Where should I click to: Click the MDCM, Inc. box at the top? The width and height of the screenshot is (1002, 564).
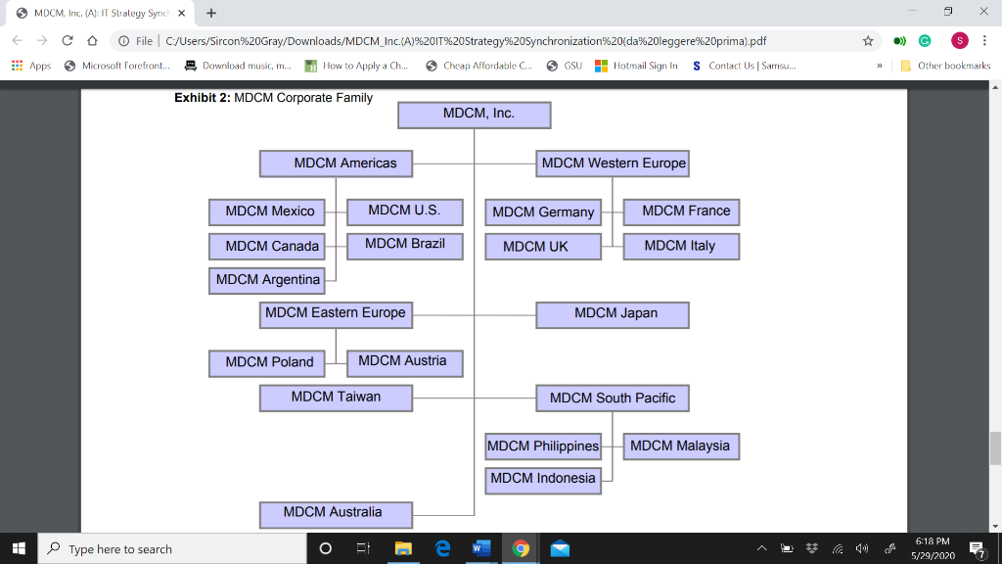click(x=475, y=116)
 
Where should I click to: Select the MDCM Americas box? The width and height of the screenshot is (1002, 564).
click(x=337, y=164)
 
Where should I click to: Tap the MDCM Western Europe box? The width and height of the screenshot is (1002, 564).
click(x=613, y=164)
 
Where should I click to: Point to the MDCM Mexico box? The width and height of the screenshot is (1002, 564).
click(x=266, y=212)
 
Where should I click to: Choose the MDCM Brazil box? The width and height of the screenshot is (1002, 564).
click(x=404, y=246)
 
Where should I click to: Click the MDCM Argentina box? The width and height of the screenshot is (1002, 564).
click(x=266, y=281)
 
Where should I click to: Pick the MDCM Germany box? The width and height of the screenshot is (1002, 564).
click(x=543, y=212)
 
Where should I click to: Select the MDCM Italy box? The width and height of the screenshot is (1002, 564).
click(x=681, y=246)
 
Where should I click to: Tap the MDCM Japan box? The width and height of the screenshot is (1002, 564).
click(x=613, y=315)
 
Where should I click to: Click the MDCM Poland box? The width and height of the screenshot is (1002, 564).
click(x=266, y=363)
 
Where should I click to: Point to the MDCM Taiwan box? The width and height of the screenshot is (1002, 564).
click(x=337, y=398)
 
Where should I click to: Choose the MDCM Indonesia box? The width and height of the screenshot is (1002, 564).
click(x=543, y=481)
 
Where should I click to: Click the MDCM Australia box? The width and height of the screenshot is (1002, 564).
click(x=337, y=515)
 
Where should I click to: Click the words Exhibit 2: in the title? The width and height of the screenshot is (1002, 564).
click(x=202, y=98)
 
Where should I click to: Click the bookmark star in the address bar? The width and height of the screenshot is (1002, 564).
click(x=868, y=41)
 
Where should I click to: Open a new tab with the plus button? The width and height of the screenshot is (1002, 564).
click(x=211, y=13)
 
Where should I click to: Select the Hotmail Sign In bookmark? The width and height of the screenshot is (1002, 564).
click(x=636, y=66)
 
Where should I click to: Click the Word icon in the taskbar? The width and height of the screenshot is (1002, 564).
click(x=481, y=548)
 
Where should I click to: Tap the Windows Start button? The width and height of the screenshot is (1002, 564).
click(x=19, y=548)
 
